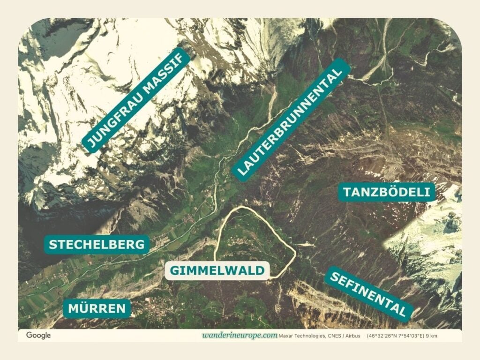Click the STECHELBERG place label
coord(97,244)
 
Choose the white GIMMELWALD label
coord(217,270)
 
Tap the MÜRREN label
coord(97,308)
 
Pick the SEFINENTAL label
coord(369,294)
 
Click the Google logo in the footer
coord(38,335)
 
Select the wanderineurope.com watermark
coord(240,336)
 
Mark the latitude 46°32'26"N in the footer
coord(384,336)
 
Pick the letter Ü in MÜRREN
coord(83,308)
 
